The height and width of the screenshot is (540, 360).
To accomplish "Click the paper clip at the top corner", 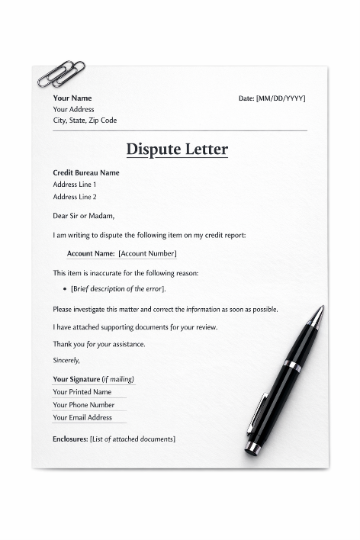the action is point(61,74).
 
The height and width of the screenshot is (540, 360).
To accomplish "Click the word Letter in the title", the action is point(206,149).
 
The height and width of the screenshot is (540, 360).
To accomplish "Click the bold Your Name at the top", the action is point(72,98).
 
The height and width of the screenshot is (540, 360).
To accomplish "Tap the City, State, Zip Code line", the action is point(85,121).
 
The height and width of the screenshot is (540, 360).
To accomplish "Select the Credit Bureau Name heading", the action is point(86,172).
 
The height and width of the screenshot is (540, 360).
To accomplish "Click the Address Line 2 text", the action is point(75,197).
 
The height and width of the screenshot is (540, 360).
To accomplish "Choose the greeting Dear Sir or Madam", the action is point(83,216).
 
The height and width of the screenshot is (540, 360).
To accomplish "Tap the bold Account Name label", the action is point(91,253).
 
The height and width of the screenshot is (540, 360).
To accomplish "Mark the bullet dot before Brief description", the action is point(64,289).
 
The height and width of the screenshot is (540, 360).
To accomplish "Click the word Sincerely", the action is point(66,360).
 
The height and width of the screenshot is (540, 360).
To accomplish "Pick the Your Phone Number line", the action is point(84,405).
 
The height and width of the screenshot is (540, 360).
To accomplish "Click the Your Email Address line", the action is point(82,417).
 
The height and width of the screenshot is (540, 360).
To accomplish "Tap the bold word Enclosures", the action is point(70,439).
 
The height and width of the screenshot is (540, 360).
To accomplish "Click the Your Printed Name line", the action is point(82,392).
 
